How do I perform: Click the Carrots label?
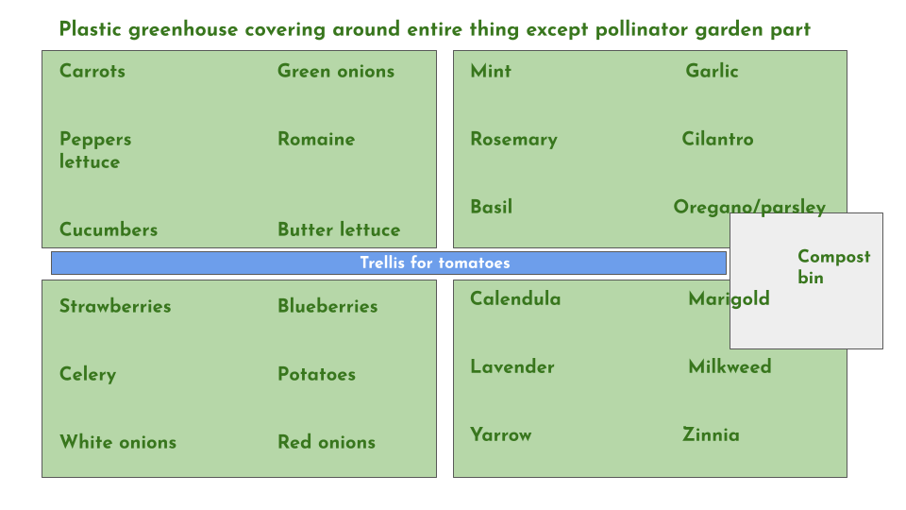pyautogui.click(x=92, y=71)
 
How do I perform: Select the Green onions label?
pyautogui.click(x=336, y=71)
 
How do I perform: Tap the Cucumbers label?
pyautogui.click(x=109, y=229)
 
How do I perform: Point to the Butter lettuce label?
pyautogui.click(x=339, y=229)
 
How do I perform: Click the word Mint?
pyautogui.click(x=491, y=71)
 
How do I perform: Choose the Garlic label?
pyautogui.click(x=712, y=71)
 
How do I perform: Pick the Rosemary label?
pyautogui.click(x=513, y=140)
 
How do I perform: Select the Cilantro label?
pyautogui.click(x=717, y=139)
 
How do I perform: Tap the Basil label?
pyautogui.click(x=491, y=207)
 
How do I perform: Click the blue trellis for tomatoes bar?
pyautogui.click(x=388, y=263)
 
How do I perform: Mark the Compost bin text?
pyautogui.click(x=833, y=266)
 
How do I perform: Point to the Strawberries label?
pyautogui.click(x=115, y=306)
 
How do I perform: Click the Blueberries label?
pyautogui.click(x=327, y=306)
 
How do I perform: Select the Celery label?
pyautogui.click(x=88, y=374)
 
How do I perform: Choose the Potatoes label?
pyautogui.click(x=317, y=374)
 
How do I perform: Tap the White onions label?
pyautogui.click(x=118, y=442)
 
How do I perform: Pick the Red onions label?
pyautogui.click(x=327, y=442)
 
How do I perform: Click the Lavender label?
pyautogui.click(x=512, y=366)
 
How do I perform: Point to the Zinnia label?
pyautogui.click(x=711, y=434)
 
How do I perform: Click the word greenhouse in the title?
pyautogui.click(x=183, y=29)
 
